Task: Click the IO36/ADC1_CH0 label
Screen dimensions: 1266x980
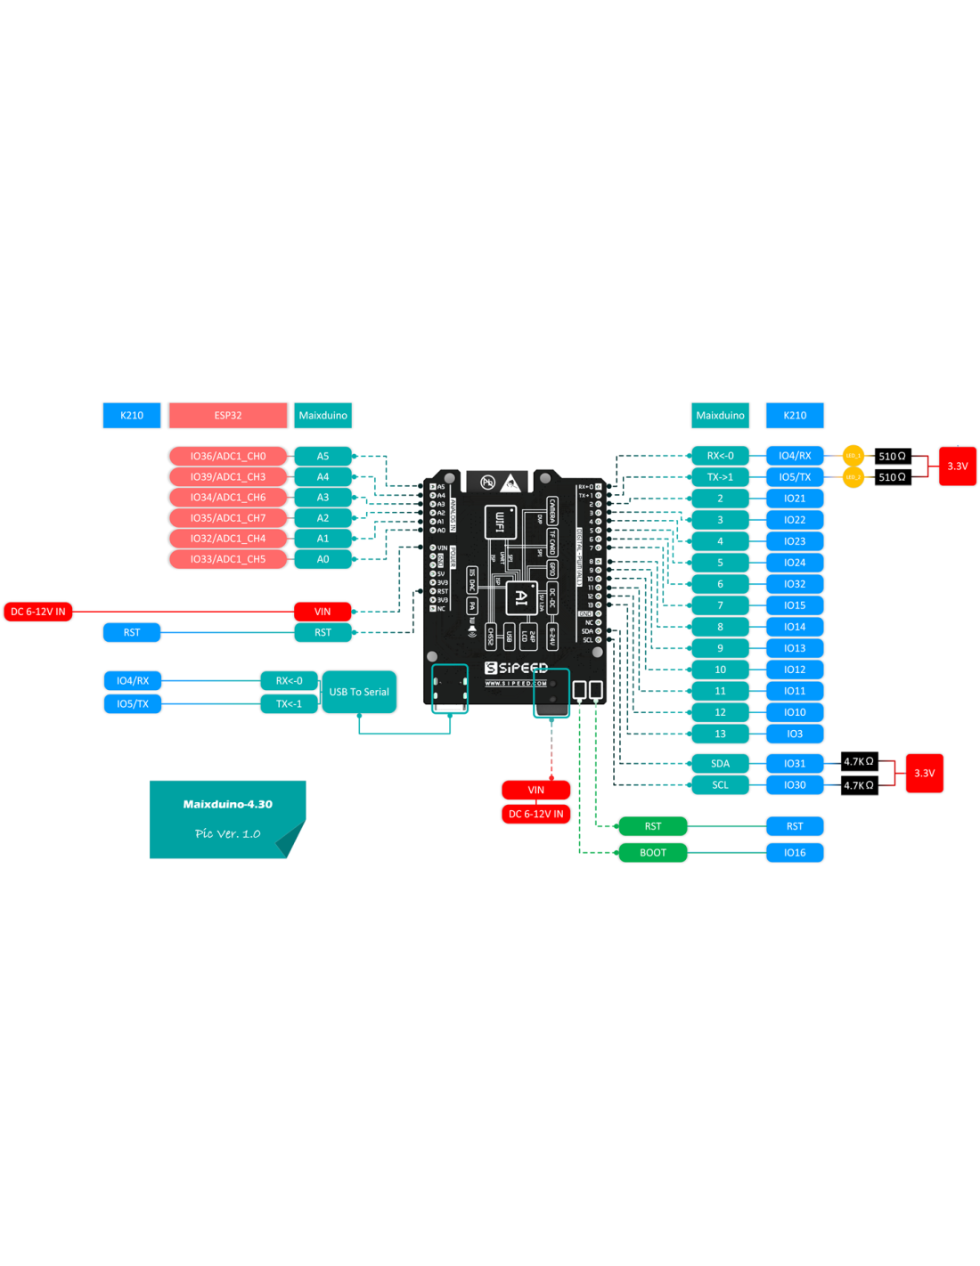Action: click(228, 456)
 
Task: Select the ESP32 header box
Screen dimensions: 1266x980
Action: click(228, 415)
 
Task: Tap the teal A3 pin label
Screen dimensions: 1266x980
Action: click(323, 497)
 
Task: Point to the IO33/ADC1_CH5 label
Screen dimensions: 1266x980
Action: click(228, 559)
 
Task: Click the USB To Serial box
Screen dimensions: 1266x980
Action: click(359, 692)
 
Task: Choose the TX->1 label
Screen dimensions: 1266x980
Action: click(720, 477)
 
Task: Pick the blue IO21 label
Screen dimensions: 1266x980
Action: click(795, 499)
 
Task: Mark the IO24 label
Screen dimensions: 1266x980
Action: click(795, 563)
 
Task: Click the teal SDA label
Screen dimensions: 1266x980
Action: click(720, 763)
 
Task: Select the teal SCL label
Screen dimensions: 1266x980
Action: click(720, 784)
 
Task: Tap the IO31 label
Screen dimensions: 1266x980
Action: click(795, 763)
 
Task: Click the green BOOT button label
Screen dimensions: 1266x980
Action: click(653, 852)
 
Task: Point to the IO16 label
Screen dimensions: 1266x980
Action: click(795, 852)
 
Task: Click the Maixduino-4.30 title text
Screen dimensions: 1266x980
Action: click(228, 804)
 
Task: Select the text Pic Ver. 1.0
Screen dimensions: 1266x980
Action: click(228, 833)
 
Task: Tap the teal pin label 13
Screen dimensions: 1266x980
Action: click(720, 734)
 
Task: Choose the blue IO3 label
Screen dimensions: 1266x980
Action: click(795, 734)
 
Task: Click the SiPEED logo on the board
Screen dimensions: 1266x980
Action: click(517, 668)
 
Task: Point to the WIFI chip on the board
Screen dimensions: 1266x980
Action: click(500, 521)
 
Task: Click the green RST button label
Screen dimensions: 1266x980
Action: click(653, 826)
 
